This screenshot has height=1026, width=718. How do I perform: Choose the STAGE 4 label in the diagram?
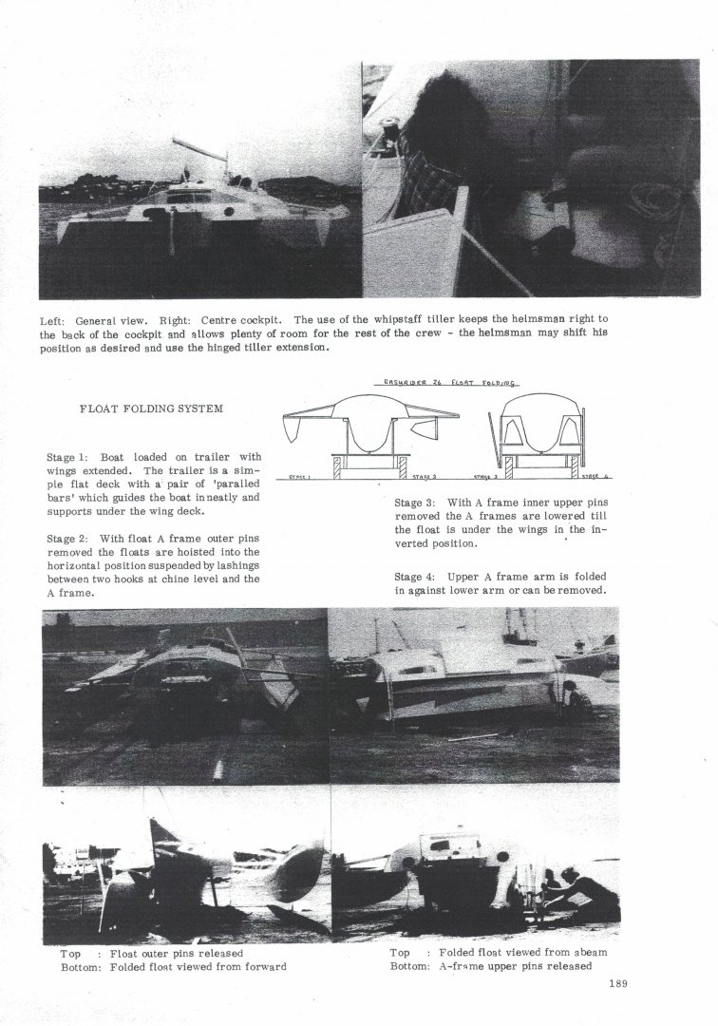tap(595, 478)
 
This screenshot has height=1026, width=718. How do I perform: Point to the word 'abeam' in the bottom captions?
tap(590, 952)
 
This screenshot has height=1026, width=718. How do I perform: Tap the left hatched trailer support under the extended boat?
tap(336, 466)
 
